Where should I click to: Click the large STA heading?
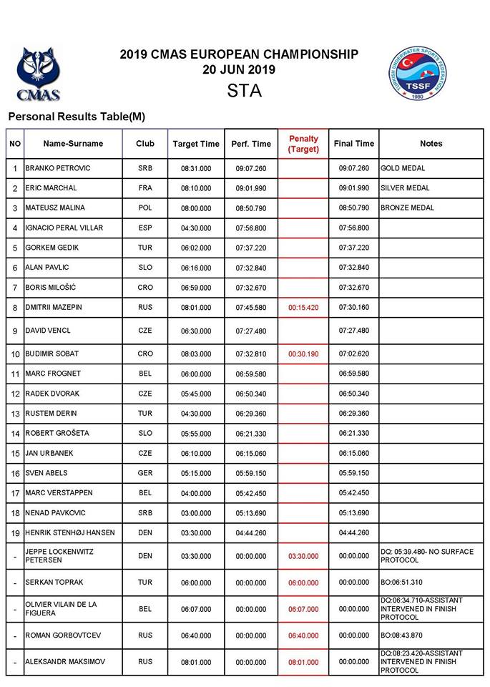pos(245,92)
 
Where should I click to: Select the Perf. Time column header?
pos(251,144)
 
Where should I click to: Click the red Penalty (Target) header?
pos(303,144)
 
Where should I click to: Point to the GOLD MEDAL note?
pos(403,168)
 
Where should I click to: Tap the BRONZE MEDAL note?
pos(408,208)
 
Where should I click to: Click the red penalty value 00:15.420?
pos(303,308)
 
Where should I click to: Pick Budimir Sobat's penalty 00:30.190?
pos(303,354)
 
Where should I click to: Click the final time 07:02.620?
pos(354,354)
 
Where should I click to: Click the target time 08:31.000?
pos(196,168)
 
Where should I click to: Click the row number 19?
pos(15,533)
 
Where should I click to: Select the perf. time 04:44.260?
pos(251,533)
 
